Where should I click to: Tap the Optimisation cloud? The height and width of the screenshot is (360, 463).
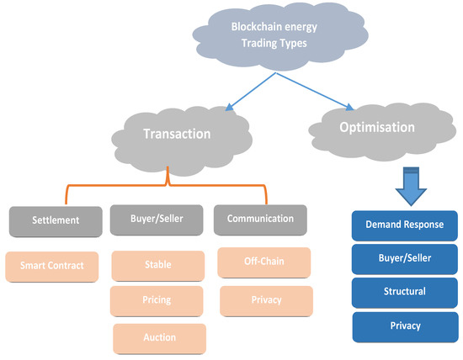377,129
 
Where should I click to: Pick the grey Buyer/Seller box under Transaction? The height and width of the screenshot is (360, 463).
157,220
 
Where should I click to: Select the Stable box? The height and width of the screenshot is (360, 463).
157,264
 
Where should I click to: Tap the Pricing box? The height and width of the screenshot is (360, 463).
157,300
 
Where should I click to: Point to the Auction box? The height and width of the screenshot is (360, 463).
159,337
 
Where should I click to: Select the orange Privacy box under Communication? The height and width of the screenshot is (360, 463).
266,299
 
